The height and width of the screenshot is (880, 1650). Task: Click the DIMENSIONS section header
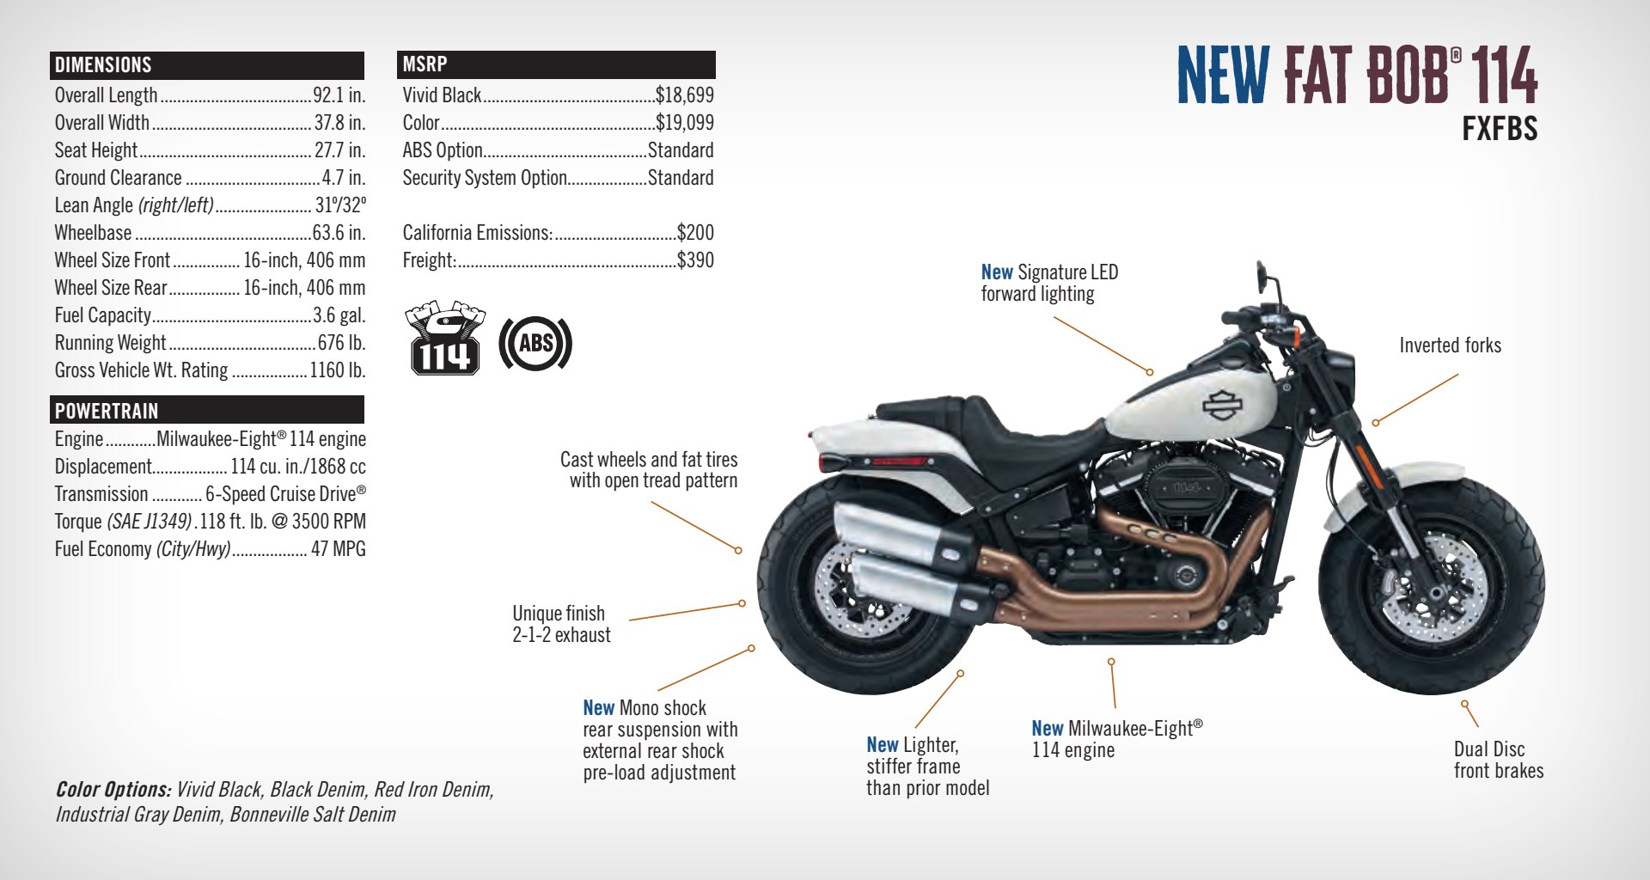click(103, 65)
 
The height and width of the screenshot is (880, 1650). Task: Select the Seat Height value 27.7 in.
click(339, 150)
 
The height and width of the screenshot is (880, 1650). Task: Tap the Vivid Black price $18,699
click(684, 95)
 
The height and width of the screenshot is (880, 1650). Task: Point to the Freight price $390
click(695, 260)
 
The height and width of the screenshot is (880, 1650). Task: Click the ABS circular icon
click(535, 344)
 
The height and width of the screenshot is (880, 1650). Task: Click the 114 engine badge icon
click(444, 339)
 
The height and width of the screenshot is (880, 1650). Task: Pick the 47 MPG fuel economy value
click(338, 549)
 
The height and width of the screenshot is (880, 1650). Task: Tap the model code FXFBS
click(1499, 129)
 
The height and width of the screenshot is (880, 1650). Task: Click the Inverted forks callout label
click(1450, 345)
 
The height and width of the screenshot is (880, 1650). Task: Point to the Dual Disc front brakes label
click(1498, 760)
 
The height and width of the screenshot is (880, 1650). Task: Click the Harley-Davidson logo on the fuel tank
click(1221, 405)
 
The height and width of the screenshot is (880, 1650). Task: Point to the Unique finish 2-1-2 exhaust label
click(561, 624)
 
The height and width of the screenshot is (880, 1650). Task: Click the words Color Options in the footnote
click(113, 790)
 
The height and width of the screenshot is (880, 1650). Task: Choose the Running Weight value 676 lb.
click(341, 343)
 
